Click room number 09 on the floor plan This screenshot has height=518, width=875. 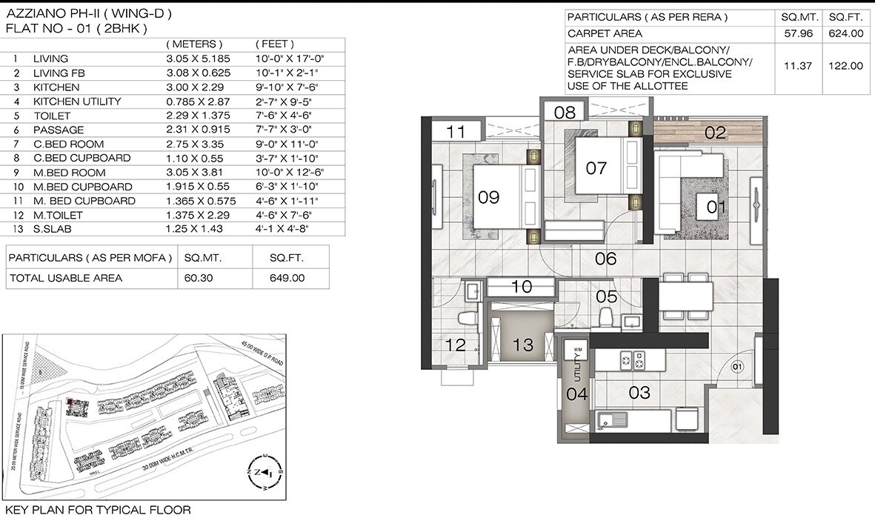[x=489, y=197]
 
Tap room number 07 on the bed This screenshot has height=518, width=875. [x=596, y=168]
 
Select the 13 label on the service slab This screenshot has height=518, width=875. [x=523, y=344]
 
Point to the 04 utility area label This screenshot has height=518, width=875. [x=576, y=394]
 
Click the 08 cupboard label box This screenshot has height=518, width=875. [x=565, y=113]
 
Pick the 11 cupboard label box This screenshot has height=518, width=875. [x=456, y=132]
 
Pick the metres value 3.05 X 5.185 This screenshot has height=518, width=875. [x=197, y=59]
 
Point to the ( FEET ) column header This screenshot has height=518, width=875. [x=274, y=44]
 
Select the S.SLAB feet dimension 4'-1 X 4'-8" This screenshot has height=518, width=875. [x=281, y=229]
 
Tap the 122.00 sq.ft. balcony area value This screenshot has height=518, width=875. [x=845, y=66]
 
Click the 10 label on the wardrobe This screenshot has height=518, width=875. [x=522, y=287]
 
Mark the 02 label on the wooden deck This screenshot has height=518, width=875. [x=714, y=133]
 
